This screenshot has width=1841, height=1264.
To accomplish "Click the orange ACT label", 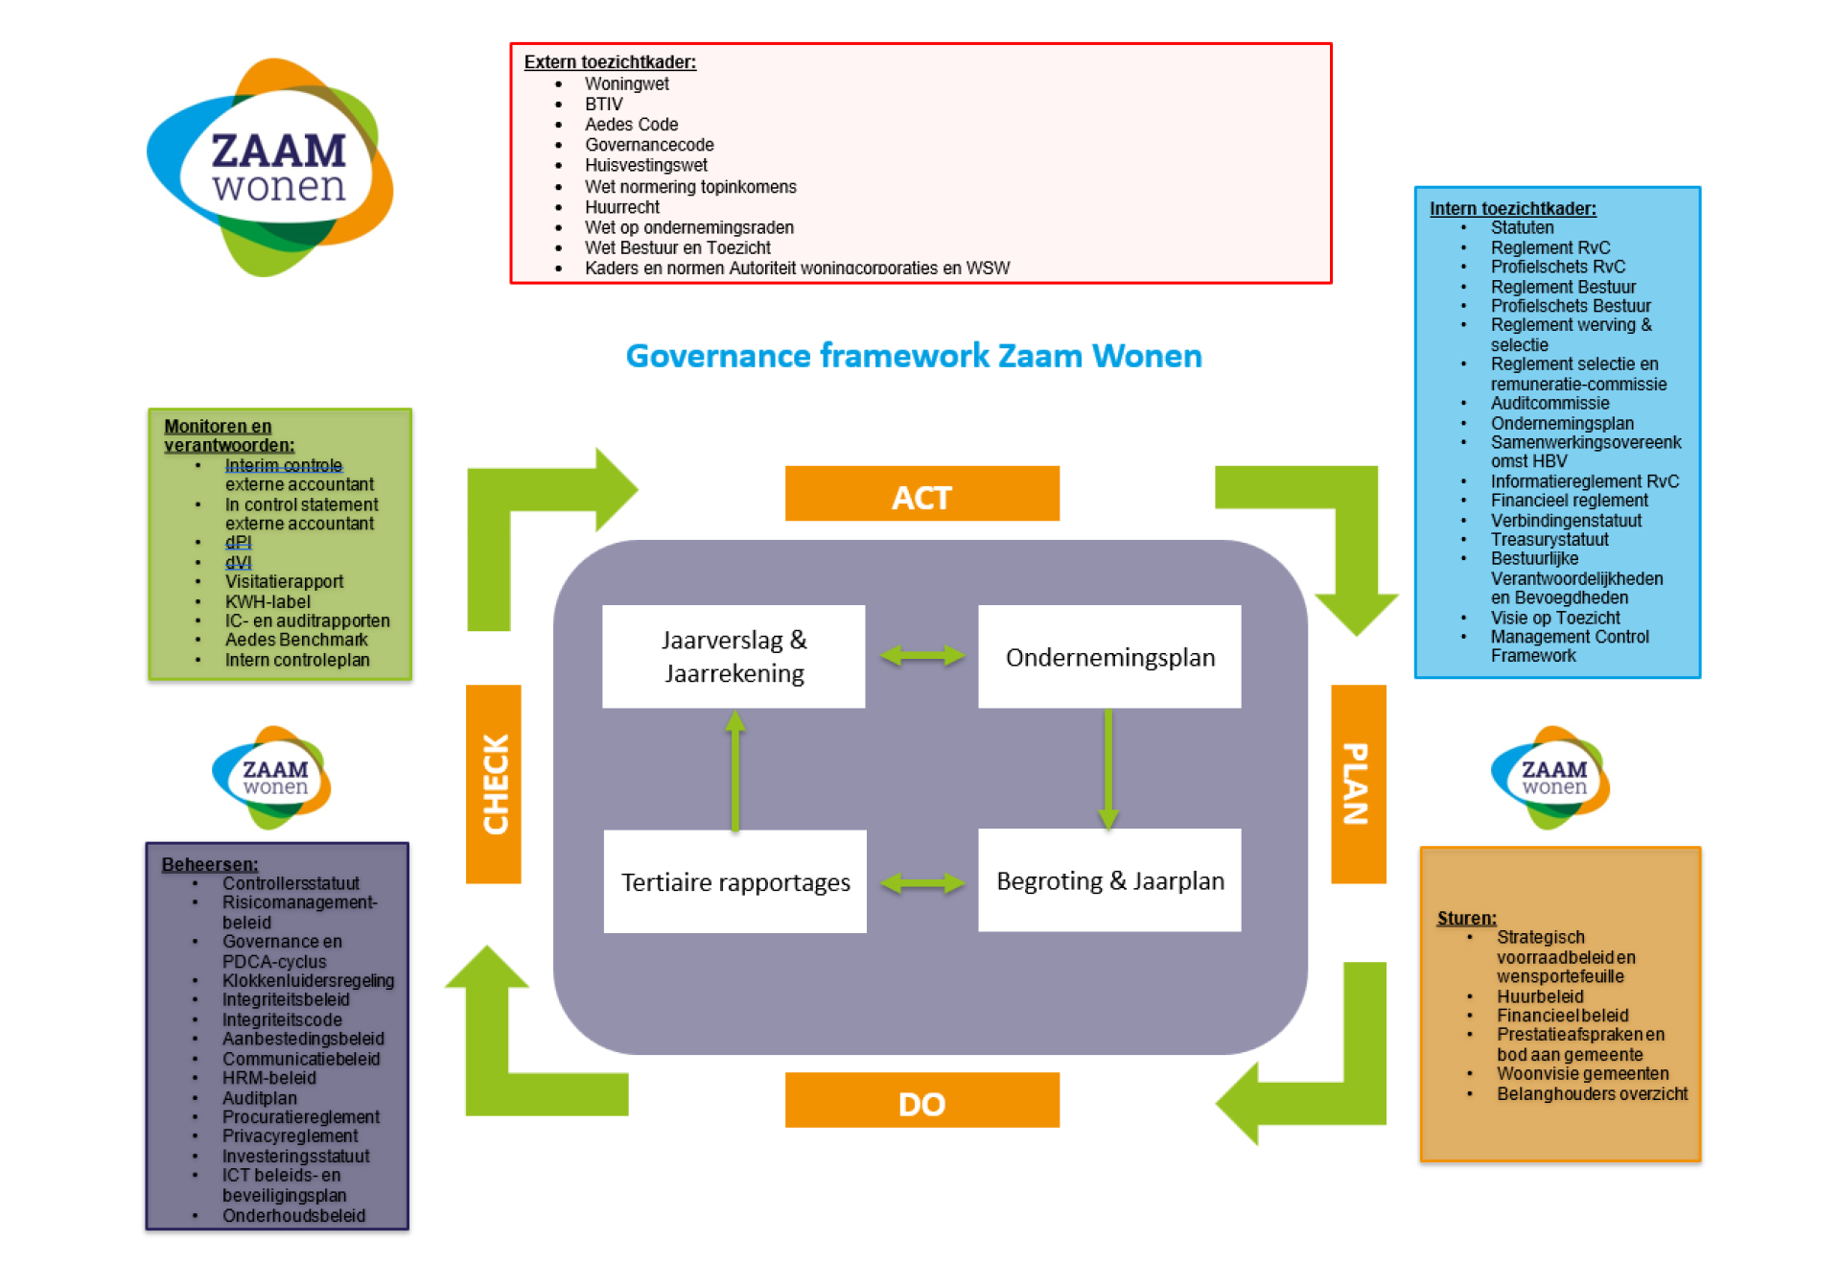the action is (x=921, y=493).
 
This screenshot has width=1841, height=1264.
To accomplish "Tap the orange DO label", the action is (x=921, y=1100).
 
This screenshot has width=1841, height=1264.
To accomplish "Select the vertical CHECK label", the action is (x=494, y=784).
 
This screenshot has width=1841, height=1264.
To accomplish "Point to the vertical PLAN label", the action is (x=1358, y=784).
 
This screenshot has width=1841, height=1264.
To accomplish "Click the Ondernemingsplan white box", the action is (x=1109, y=657).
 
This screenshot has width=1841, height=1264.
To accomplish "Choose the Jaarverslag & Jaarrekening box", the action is (x=734, y=657).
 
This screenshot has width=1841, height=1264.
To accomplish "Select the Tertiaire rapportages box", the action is (x=735, y=881).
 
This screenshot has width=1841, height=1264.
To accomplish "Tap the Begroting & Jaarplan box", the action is (x=1109, y=880).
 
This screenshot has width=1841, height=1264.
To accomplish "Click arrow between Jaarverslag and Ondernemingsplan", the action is (x=921, y=655).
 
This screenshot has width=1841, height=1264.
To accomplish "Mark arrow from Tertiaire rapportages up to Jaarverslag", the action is (x=735, y=770).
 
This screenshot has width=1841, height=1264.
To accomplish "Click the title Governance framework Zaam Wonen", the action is (x=914, y=356).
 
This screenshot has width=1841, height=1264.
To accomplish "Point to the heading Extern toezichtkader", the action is (x=610, y=62).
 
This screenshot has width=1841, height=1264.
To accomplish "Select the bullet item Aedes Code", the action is (x=631, y=125).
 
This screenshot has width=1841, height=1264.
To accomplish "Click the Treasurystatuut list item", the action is (x=1550, y=539).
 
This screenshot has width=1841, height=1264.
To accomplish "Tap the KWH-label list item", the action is (x=268, y=601).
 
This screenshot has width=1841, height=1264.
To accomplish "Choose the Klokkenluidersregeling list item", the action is (x=308, y=980).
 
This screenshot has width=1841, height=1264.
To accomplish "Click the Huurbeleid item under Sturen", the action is (x=1540, y=996).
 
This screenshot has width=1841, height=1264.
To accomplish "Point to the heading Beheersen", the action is (x=210, y=864).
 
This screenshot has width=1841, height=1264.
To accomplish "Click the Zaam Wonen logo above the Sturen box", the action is (x=1550, y=778).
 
